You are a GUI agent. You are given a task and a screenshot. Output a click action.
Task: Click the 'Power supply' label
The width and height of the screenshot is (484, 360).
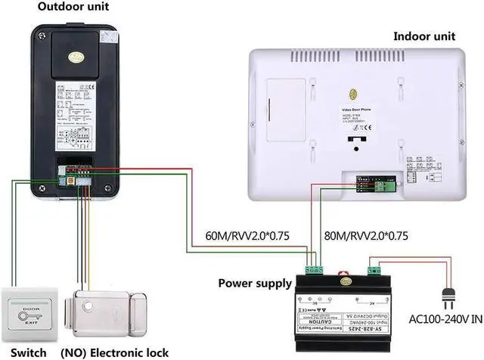pyautogui.click(x=255, y=284)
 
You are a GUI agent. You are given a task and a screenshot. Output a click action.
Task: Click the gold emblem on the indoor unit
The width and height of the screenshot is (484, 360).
pyautogui.click(x=353, y=95)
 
